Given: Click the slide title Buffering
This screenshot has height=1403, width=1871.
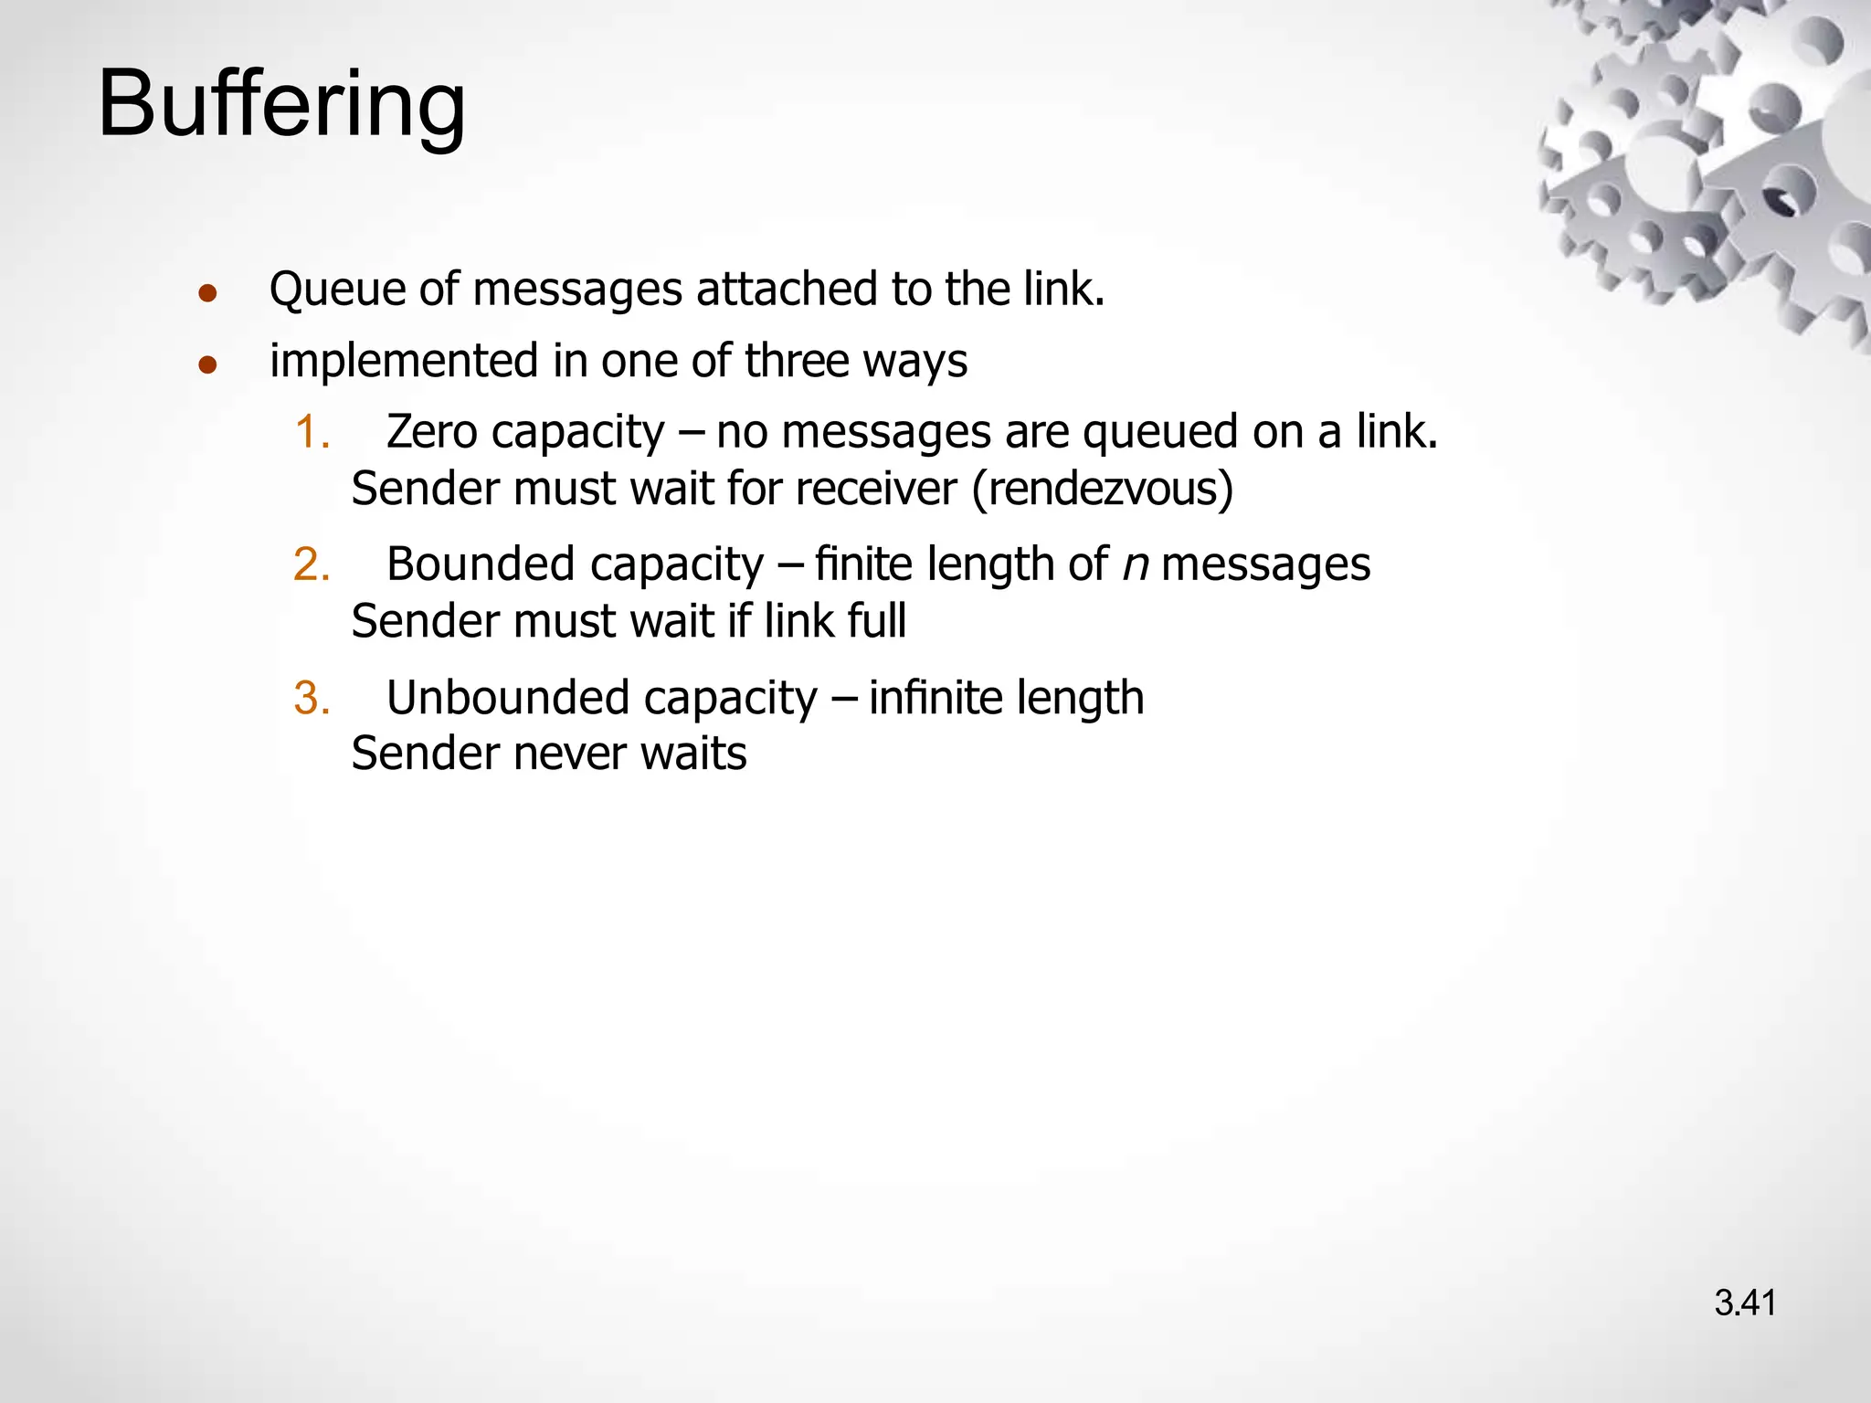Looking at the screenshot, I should (281, 105).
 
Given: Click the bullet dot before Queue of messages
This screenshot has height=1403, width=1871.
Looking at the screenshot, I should (208, 293).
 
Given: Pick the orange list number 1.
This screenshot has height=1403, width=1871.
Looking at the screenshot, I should (311, 432).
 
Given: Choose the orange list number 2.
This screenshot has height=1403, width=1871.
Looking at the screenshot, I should (311, 564).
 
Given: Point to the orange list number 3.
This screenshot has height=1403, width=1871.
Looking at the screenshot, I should (311, 698).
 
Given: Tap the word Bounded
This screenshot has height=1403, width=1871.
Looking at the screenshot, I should (480, 564).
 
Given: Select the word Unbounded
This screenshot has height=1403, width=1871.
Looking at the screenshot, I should (507, 698).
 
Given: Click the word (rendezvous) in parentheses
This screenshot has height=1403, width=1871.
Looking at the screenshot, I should (1103, 490).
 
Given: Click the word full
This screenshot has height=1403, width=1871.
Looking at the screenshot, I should (876, 622).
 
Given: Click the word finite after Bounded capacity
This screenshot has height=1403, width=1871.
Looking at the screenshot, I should (863, 564).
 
